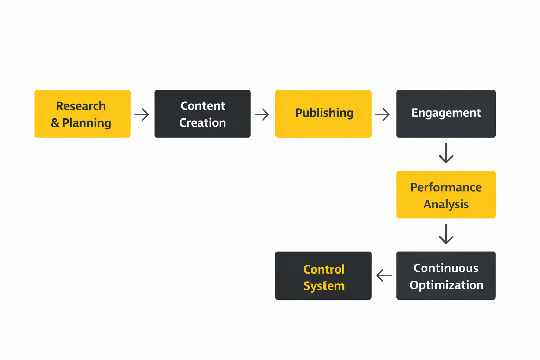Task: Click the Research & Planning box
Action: pyautogui.click(x=83, y=114)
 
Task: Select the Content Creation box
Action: pyautogui.click(x=202, y=114)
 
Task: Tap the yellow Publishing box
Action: pyautogui.click(x=323, y=114)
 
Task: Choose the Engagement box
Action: pyautogui.click(x=446, y=114)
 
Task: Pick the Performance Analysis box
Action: pyautogui.click(x=446, y=195)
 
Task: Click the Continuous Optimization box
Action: pyautogui.click(x=446, y=276)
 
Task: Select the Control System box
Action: pyautogui.click(x=323, y=276)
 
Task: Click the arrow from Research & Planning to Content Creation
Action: pyautogui.click(x=142, y=114)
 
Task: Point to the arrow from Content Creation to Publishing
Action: pyautogui.click(x=262, y=114)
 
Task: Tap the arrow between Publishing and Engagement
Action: pyautogui.click(x=382, y=114)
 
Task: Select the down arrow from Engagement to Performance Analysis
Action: pyautogui.click(x=446, y=153)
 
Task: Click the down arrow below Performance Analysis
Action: pyautogui.click(x=446, y=234)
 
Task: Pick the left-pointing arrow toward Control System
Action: pyautogui.click(x=384, y=275)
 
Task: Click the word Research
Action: pyautogui.click(x=81, y=106)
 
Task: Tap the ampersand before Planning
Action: pyautogui.click(x=55, y=123)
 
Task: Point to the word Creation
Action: pyautogui.click(x=202, y=123)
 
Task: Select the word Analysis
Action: pyautogui.click(x=446, y=204)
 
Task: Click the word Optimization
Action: pyautogui.click(x=446, y=285)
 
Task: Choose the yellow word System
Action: pyautogui.click(x=324, y=286)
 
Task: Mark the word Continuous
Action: pyautogui.click(x=446, y=268)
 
